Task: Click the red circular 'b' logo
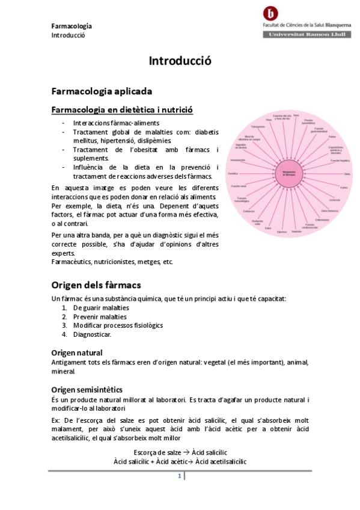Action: (x=272, y=14)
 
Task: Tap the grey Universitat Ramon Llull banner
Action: (x=307, y=35)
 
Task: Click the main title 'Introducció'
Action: (x=180, y=61)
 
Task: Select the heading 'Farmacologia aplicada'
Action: (x=102, y=91)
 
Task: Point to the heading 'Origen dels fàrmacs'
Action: (x=96, y=284)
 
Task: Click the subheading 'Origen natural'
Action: (x=77, y=352)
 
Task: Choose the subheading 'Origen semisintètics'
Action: (x=87, y=390)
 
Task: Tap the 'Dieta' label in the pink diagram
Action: (x=347, y=174)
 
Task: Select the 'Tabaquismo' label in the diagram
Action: (x=258, y=127)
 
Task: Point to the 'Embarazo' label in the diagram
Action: (x=249, y=211)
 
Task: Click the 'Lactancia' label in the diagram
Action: (x=334, y=200)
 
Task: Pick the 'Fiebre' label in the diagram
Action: (x=332, y=137)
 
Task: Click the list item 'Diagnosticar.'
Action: (x=92, y=334)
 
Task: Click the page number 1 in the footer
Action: (x=179, y=476)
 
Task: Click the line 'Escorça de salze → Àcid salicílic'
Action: (x=180, y=452)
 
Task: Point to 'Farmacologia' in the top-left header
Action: (x=72, y=26)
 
